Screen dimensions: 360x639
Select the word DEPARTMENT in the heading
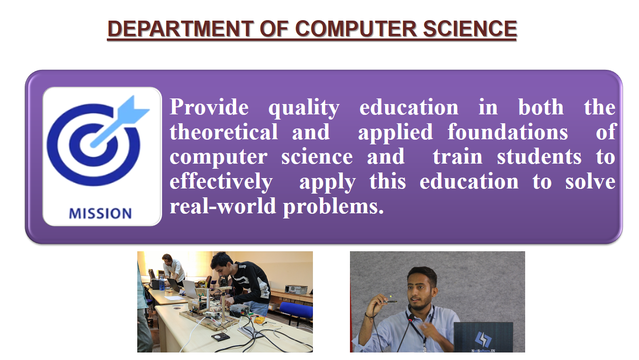pos(181,29)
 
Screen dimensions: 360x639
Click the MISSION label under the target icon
pos(100,214)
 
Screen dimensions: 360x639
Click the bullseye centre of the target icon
pos(92,143)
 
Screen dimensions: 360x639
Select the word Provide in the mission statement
pos(209,107)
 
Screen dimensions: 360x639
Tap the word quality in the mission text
pos(304,108)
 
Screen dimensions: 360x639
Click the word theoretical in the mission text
pos(223,132)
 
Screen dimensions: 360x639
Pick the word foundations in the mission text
pos(507,132)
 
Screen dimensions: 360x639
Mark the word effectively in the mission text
pos(221,181)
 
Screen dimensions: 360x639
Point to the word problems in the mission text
pos(334,207)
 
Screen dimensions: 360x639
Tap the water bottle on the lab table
pos(162,283)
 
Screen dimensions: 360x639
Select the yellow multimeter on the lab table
pos(257,321)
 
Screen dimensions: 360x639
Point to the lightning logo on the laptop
pos(483,339)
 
